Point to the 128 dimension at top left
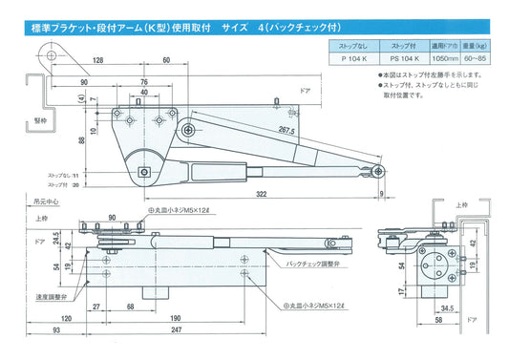98,61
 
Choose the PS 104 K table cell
407,58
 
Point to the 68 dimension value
130,307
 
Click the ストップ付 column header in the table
406,45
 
